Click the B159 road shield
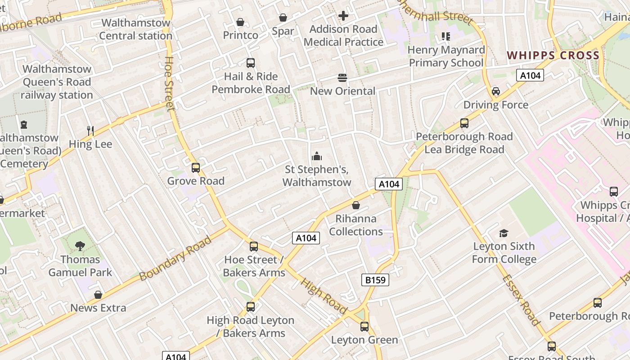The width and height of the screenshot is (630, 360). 375,280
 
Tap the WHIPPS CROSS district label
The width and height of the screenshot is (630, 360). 553,55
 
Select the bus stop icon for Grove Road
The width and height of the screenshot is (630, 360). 196,168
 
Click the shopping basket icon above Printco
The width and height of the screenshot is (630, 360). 240,22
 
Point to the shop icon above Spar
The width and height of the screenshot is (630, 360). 283,18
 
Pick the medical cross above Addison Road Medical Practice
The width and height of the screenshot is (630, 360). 343,16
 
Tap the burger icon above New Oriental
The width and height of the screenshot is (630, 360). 342,78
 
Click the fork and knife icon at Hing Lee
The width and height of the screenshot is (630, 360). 90,131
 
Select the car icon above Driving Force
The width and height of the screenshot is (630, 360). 496,91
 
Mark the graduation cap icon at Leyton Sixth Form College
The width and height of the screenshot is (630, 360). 504,233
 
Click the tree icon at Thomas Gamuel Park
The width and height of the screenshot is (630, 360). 80,246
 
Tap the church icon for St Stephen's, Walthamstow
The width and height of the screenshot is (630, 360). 317,157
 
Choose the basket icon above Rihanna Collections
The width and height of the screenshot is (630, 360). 356,206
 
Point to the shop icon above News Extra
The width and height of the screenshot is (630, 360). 98,295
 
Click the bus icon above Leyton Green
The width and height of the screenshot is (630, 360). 364,327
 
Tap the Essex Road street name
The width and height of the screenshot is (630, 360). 521,300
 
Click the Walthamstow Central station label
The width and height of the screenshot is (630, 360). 136,29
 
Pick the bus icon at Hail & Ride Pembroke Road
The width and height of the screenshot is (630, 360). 251,63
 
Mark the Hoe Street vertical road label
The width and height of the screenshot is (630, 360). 169,83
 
